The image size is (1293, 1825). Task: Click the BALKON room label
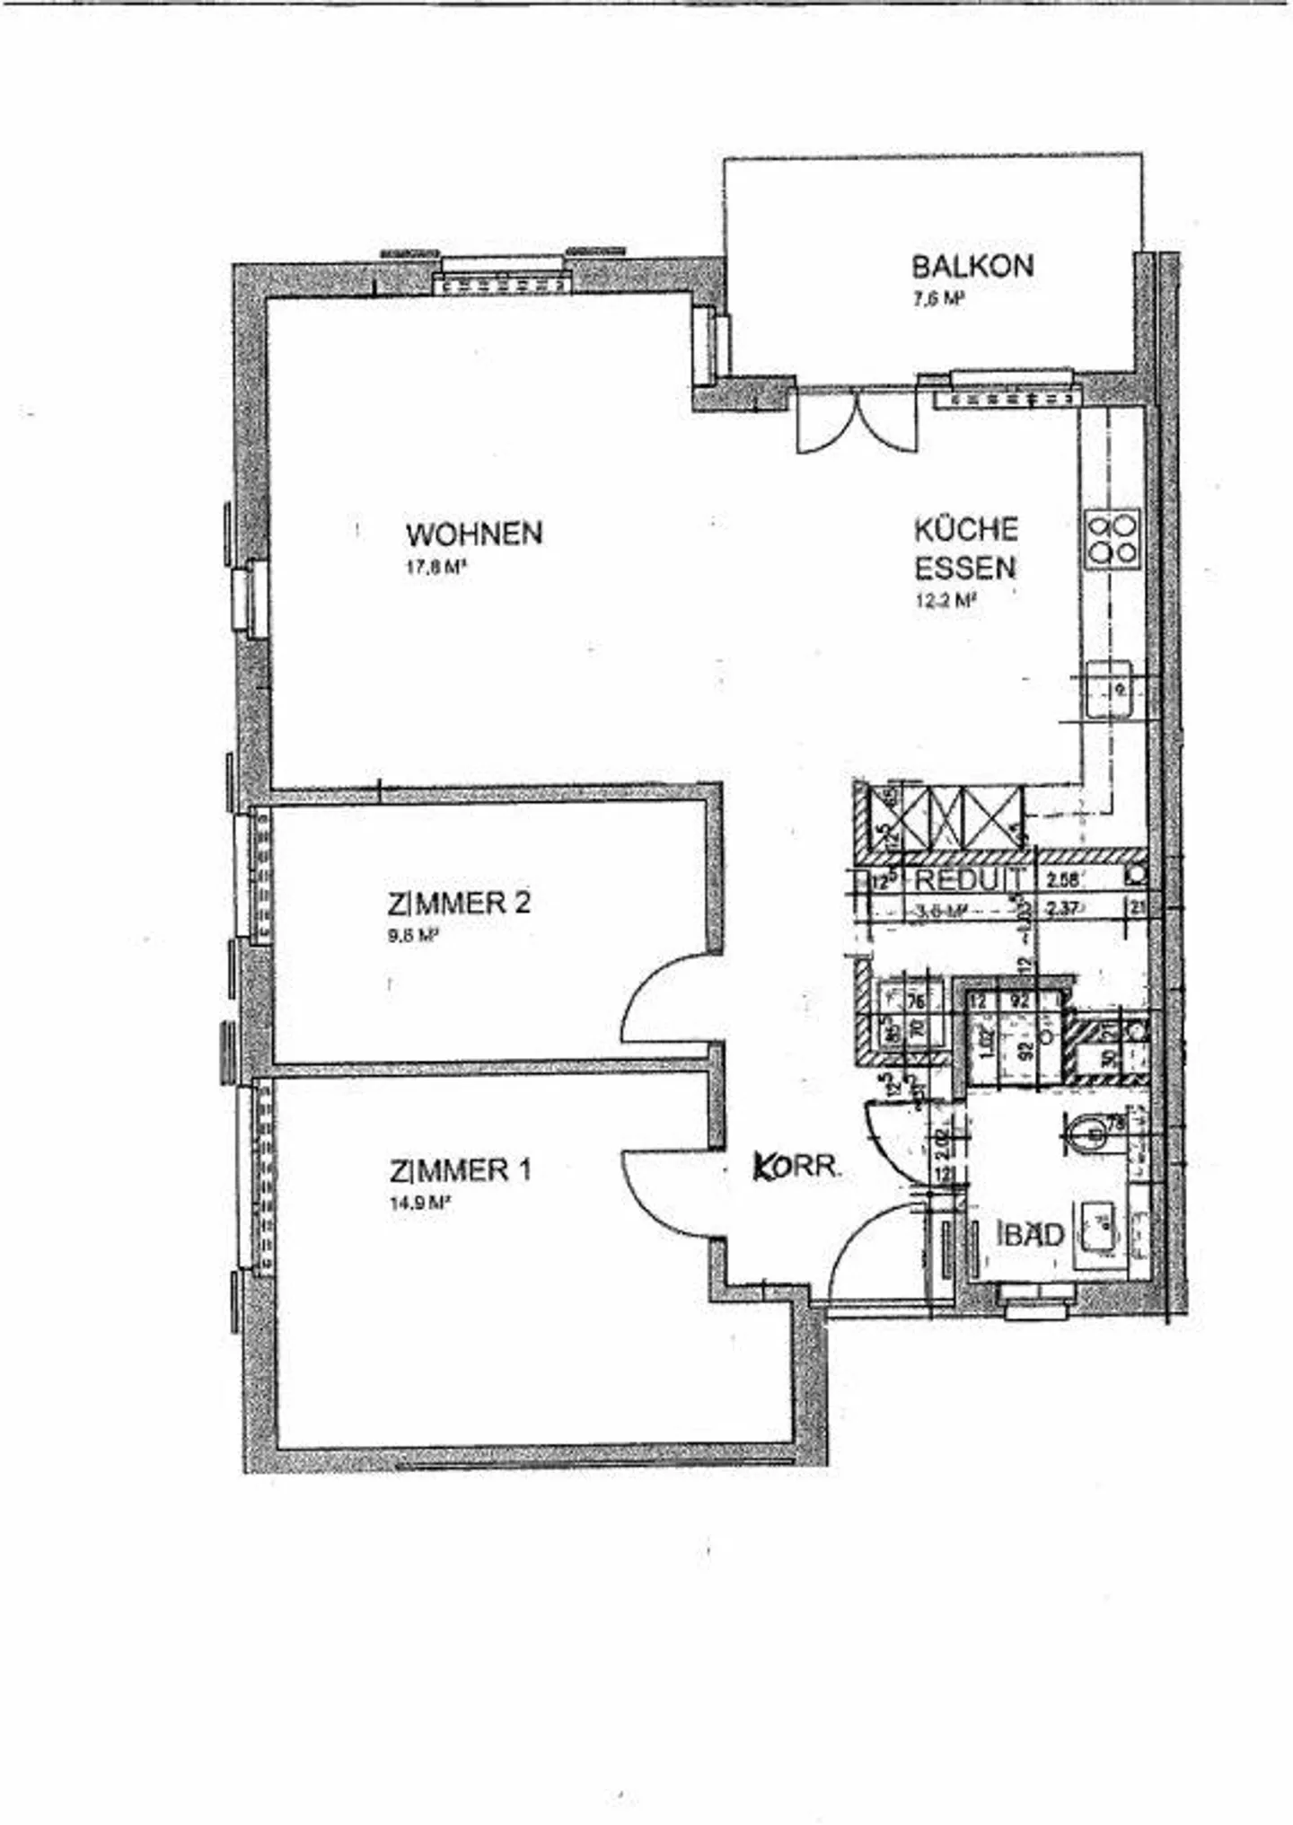[972, 266]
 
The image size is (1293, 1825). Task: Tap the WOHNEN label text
[474, 533]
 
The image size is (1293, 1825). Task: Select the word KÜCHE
[966, 529]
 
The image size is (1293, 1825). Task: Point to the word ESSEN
[965, 568]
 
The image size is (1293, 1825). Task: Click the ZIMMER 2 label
[459, 903]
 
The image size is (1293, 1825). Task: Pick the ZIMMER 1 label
[461, 1170]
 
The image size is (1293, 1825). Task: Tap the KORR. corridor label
[796, 1167]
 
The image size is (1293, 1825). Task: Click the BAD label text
[1033, 1234]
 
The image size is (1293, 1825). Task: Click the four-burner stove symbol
[1113, 538]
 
